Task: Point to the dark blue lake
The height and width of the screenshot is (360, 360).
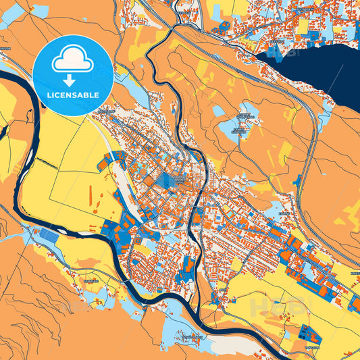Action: click(x=324, y=74)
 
